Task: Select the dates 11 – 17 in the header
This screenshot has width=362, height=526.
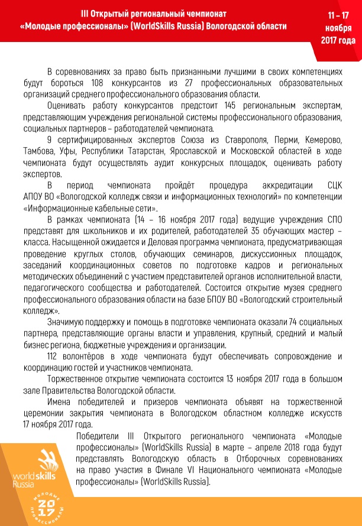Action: [x=338, y=17]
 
